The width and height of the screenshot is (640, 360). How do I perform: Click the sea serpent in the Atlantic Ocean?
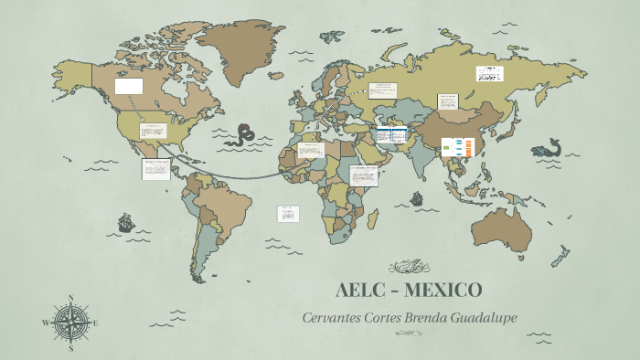(x=243, y=135)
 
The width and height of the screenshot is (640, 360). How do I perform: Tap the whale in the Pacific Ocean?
(x=549, y=148)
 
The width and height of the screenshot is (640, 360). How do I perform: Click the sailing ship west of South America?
(x=124, y=222)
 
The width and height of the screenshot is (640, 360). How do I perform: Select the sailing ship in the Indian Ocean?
(x=417, y=197)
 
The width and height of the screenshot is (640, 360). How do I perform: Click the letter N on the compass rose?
(x=71, y=298)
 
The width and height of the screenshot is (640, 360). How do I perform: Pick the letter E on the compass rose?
(x=95, y=322)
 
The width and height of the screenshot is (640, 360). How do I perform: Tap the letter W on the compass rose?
(x=46, y=322)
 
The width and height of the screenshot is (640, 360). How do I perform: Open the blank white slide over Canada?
(x=129, y=86)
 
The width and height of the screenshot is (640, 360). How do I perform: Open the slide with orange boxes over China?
(x=458, y=147)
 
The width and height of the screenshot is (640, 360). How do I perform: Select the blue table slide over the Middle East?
(x=392, y=135)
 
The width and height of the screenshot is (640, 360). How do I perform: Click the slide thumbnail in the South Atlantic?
(x=288, y=213)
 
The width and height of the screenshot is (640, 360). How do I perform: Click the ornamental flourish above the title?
(x=409, y=268)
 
